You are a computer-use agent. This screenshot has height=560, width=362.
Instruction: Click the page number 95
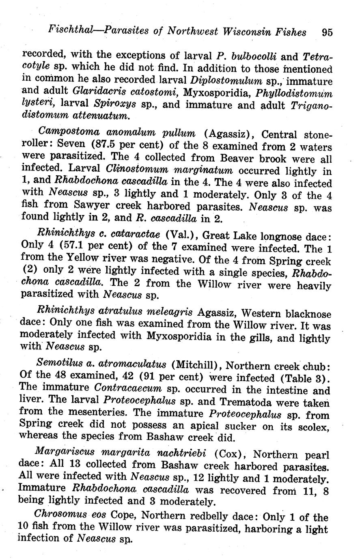tap(326, 32)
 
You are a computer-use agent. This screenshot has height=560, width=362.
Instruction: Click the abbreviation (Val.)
tap(180, 235)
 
